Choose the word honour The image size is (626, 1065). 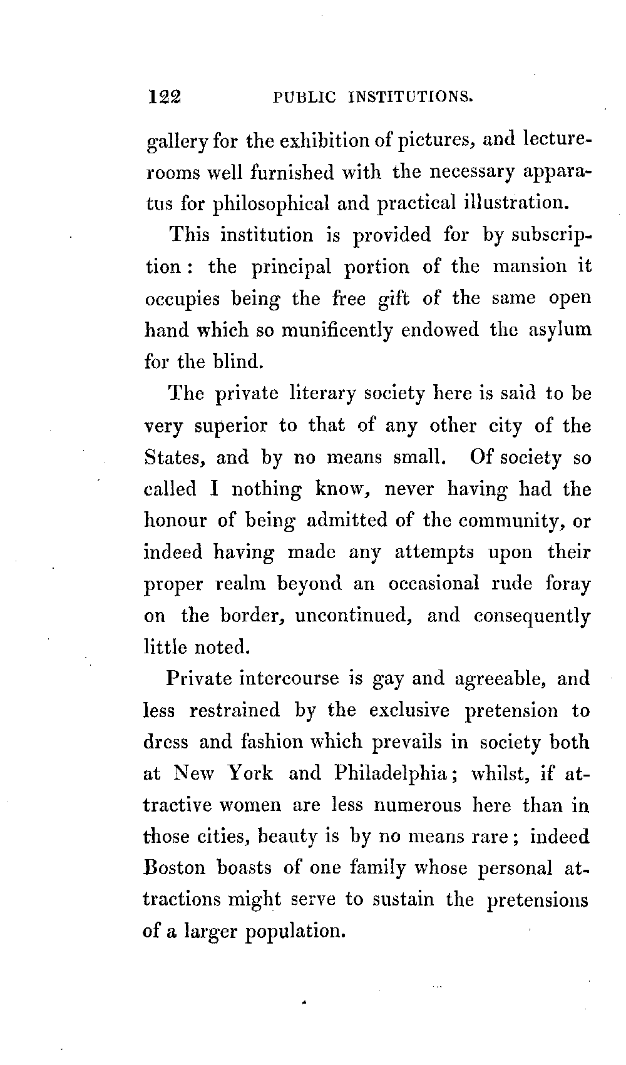click(175, 521)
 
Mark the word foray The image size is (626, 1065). click(568, 584)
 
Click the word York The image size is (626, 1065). click(249, 773)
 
